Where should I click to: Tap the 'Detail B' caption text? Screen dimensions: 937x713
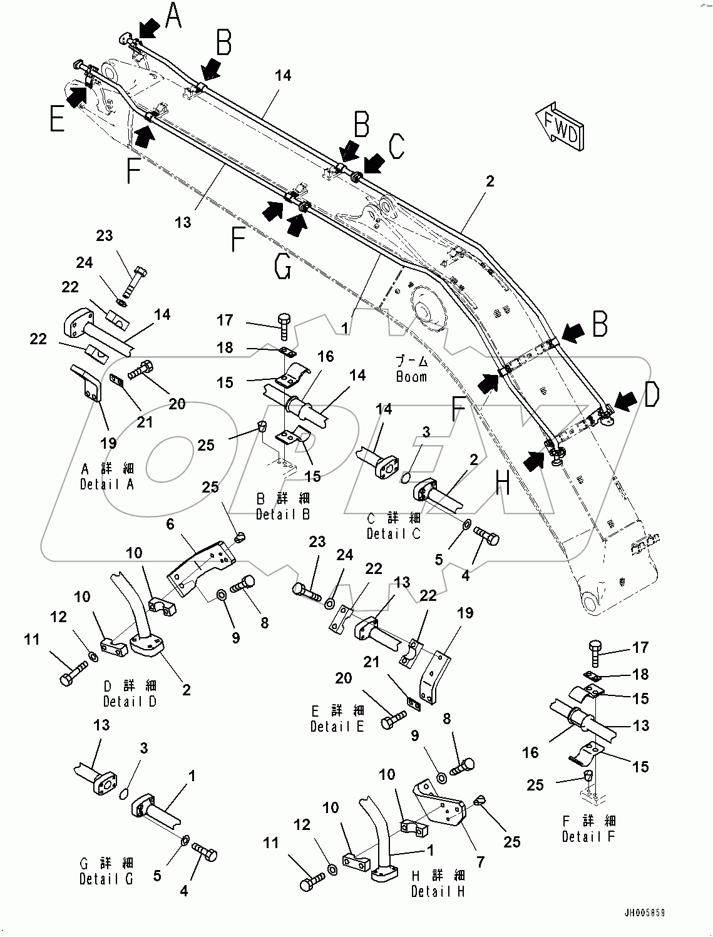(283, 514)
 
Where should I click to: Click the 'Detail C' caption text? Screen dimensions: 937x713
(394, 533)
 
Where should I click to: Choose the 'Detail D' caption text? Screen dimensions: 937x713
(130, 701)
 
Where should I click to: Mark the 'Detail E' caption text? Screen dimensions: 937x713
(337, 726)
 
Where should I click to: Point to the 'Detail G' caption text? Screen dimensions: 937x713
(106, 879)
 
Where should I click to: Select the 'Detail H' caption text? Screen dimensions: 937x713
(438, 891)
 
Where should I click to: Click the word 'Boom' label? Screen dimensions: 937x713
(411, 377)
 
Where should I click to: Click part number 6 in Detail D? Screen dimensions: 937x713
(170, 525)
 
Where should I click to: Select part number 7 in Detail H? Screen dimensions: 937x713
(480, 863)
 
